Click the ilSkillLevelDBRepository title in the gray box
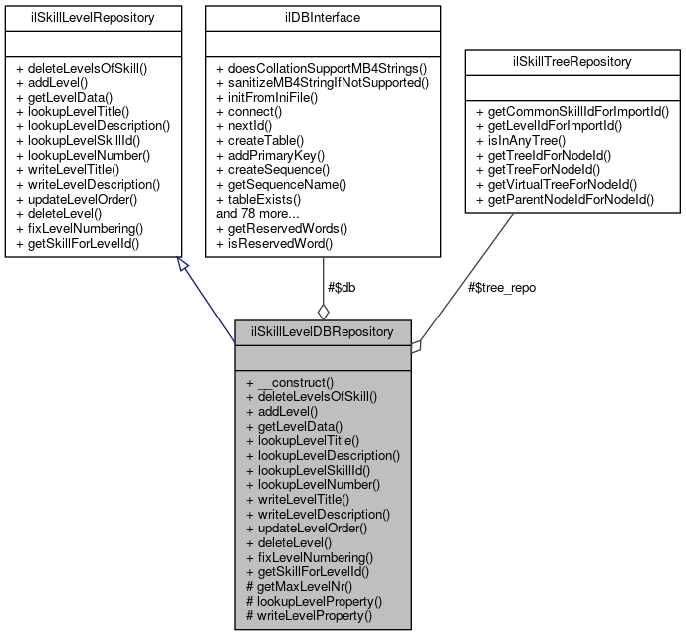point(323,330)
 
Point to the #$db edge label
point(343,288)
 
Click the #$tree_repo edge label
point(504,288)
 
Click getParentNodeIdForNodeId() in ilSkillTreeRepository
point(565,199)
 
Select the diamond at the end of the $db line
point(323,312)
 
